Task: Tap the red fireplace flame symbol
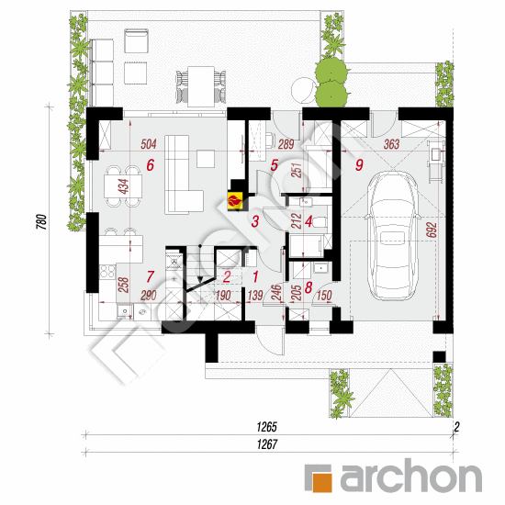tap(235, 202)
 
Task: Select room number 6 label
tap(150, 165)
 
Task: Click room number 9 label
tap(359, 165)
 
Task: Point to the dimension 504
tap(149, 144)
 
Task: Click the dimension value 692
tap(432, 230)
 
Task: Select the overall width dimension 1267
tap(267, 444)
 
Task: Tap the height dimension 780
tap(42, 222)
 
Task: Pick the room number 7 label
tap(150, 276)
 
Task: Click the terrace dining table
tap(201, 86)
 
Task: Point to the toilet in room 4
tap(320, 222)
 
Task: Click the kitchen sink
tap(124, 311)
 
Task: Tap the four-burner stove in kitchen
tap(107, 271)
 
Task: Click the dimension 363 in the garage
tap(391, 144)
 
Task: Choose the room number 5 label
tap(275, 165)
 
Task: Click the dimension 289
tap(286, 144)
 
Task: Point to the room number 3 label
tap(255, 221)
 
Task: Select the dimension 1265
tap(266, 427)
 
